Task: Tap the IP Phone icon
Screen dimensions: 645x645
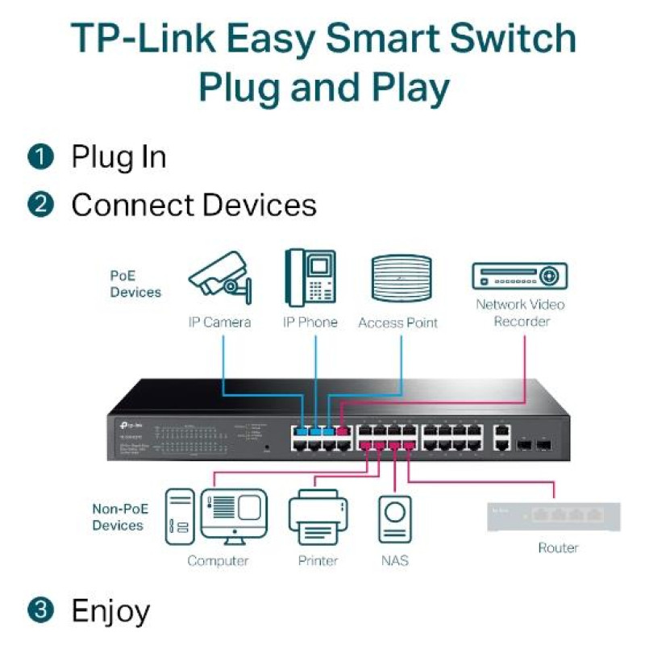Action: click(310, 277)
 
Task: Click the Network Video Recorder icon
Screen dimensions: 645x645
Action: click(519, 276)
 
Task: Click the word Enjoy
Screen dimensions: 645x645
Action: click(110, 611)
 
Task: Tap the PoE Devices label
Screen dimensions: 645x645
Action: click(135, 284)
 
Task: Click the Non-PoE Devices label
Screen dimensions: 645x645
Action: click(118, 517)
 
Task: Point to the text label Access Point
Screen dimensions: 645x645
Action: click(397, 322)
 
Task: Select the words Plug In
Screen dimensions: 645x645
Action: click(119, 156)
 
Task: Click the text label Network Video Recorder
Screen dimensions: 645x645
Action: click(519, 313)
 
